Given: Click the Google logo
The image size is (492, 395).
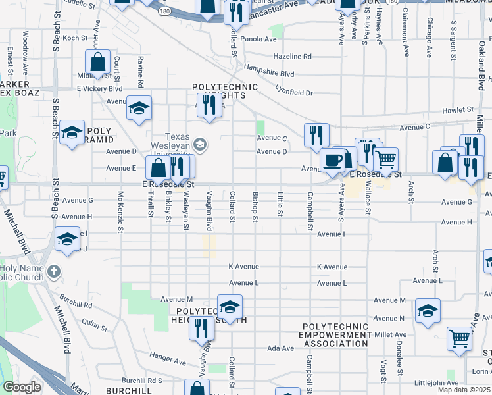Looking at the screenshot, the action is pyautogui.click(x=22, y=387).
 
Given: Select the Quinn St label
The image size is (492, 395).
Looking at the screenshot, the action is pyautogui.click(x=95, y=325).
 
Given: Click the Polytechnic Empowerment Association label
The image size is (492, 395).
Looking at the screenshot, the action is pyautogui.click(x=335, y=334).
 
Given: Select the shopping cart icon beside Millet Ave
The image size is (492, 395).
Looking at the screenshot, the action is pyautogui.click(x=459, y=338).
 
